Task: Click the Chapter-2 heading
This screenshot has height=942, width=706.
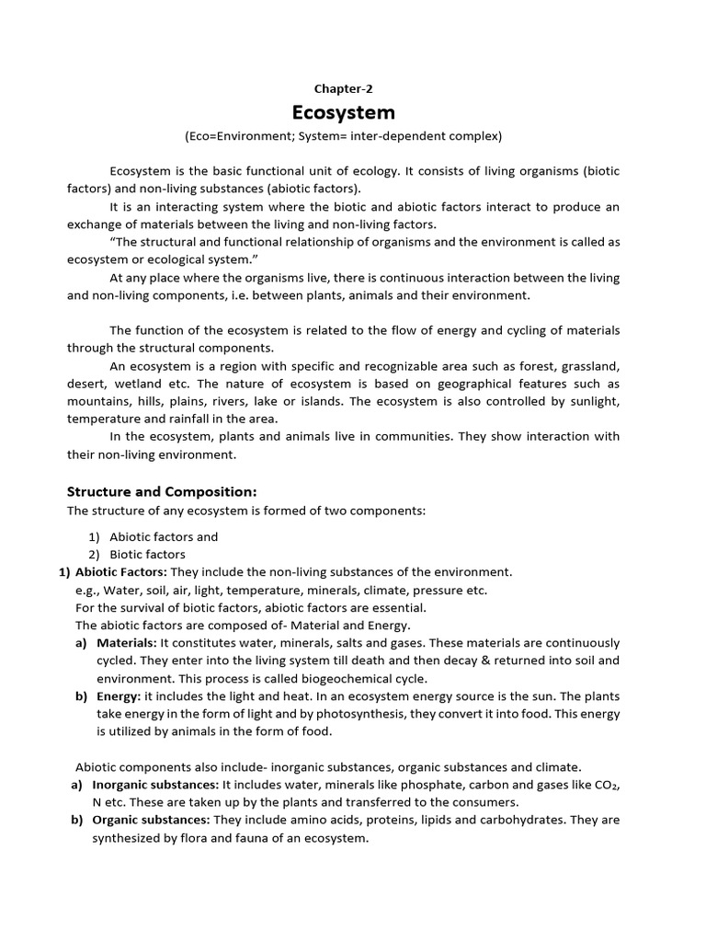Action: pos(344,89)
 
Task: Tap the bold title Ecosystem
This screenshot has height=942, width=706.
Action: pos(343,112)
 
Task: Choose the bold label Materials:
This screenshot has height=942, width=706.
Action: pos(127,643)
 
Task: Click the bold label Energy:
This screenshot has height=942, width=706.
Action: pos(119,696)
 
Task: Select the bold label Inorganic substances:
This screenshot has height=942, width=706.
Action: pos(154,785)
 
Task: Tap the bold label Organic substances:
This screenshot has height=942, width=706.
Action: pos(151,820)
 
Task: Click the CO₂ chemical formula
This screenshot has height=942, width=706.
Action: pos(604,785)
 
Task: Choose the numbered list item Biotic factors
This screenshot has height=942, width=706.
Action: pos(147,555)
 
